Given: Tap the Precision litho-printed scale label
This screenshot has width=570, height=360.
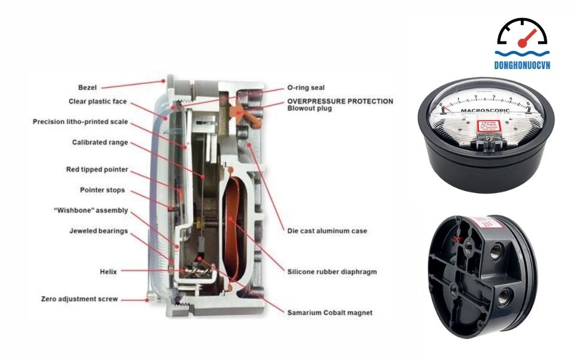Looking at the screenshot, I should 80,122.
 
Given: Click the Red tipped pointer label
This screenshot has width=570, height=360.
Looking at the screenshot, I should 97,169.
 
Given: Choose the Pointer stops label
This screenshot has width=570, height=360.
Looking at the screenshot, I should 103,190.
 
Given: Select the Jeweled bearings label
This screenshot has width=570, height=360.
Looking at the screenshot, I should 98,231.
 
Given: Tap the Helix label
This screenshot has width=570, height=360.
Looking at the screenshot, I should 107,271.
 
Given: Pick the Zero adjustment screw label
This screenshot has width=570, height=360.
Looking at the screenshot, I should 80,298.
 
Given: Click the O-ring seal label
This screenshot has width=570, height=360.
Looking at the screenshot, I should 306,88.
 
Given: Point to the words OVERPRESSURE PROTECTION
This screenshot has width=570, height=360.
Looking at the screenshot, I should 340,101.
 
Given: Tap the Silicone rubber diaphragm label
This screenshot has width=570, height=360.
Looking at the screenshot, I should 332,271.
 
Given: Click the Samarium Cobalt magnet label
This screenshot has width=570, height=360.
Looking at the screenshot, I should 330,313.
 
